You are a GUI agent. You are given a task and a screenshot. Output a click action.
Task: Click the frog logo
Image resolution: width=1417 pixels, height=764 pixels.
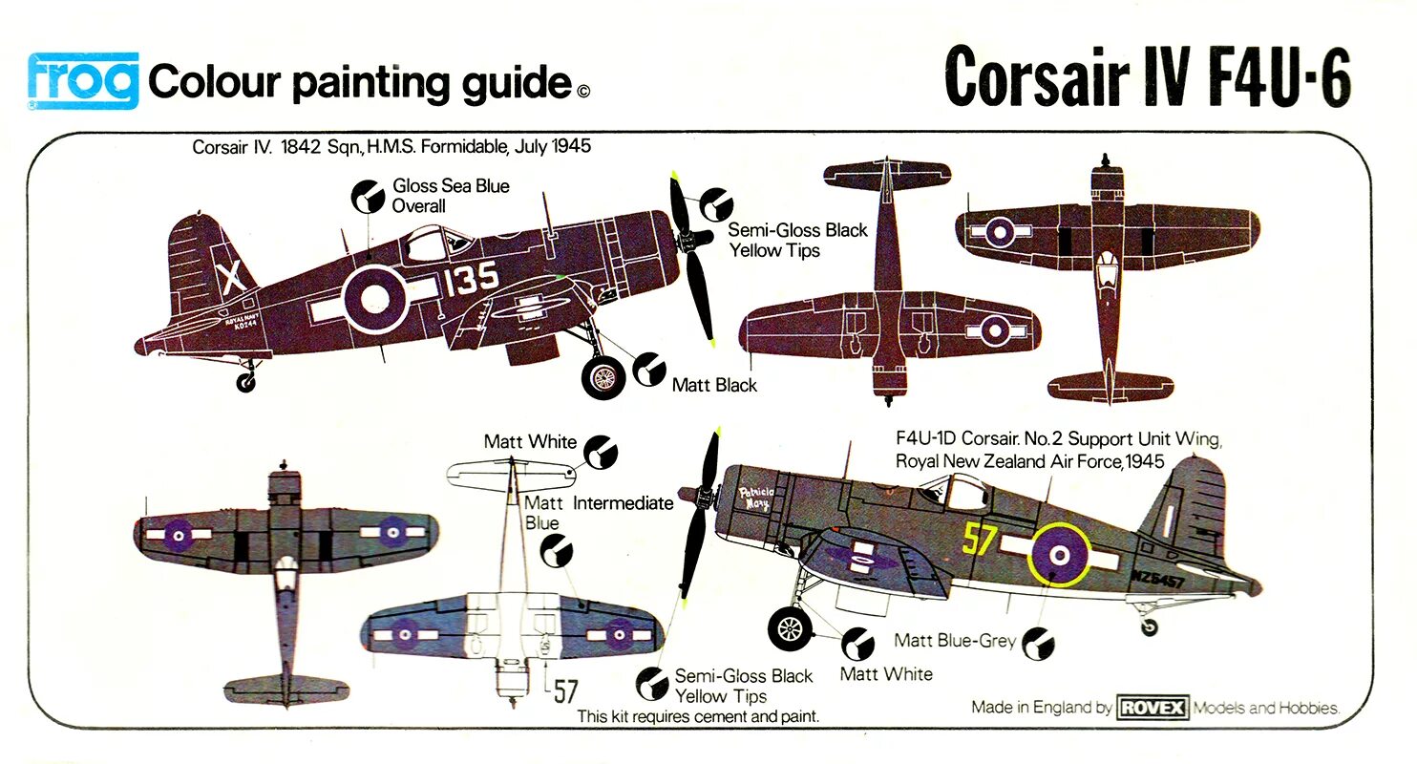(x=83, y=80)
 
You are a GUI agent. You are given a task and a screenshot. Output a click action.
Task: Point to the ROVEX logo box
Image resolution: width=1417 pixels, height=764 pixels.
(x=1153, y=708)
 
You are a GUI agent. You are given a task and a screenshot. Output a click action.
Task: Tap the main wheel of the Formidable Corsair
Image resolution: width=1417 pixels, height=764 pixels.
(x=603, y=377)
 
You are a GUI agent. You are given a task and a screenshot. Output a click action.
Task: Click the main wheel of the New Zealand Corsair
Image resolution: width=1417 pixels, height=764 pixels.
(x=791, y=627)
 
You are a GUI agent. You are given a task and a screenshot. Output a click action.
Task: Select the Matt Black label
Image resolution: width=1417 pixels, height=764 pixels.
(x=714, y=385)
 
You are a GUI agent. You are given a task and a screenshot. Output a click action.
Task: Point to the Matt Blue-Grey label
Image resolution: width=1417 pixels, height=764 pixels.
(x=955, y=641)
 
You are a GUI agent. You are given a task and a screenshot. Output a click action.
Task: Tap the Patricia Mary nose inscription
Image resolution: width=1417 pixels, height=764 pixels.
(x=761, y=499)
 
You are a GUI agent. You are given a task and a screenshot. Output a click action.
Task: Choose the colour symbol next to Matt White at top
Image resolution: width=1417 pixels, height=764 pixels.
(x=601, y=451)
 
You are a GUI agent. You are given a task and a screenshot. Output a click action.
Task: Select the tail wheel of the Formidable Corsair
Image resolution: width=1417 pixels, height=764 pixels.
(x=246, y=383)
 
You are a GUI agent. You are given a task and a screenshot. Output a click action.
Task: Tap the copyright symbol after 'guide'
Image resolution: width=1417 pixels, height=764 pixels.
(x=583, y=92)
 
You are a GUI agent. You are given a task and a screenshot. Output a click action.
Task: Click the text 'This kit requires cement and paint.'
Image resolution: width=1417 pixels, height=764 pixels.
(x=699, y=715)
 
